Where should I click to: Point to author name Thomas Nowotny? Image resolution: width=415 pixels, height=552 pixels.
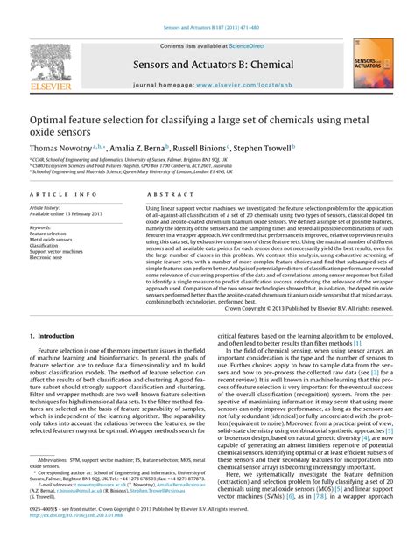(x=61, y=150)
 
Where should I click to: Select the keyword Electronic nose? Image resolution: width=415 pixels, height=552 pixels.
(x=52, y=258)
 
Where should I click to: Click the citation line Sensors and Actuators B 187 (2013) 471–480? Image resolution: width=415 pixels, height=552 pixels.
(x=207, y=6)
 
